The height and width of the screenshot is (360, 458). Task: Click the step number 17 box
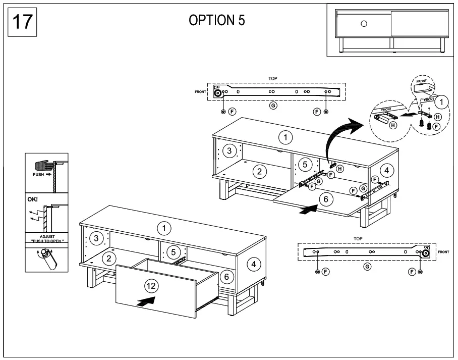point(22,22)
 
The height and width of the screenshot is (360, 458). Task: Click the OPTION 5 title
point(217,21)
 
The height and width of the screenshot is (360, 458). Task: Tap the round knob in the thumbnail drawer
point(365,23)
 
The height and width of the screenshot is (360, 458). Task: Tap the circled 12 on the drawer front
point(151,286)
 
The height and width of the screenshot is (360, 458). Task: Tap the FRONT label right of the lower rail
point(444,251)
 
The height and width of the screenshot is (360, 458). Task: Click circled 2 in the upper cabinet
point(259,171)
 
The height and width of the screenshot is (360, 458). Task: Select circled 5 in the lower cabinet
point(173,251)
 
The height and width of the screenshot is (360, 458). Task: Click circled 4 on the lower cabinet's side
point(253,263)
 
